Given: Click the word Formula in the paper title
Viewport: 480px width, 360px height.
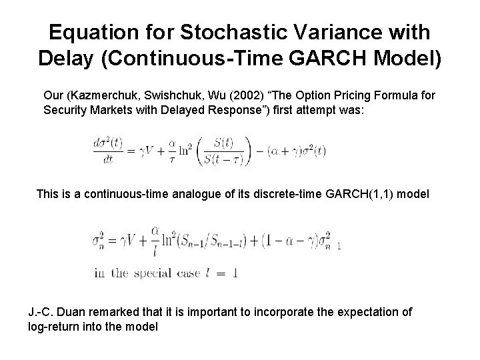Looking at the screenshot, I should point(381,95).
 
